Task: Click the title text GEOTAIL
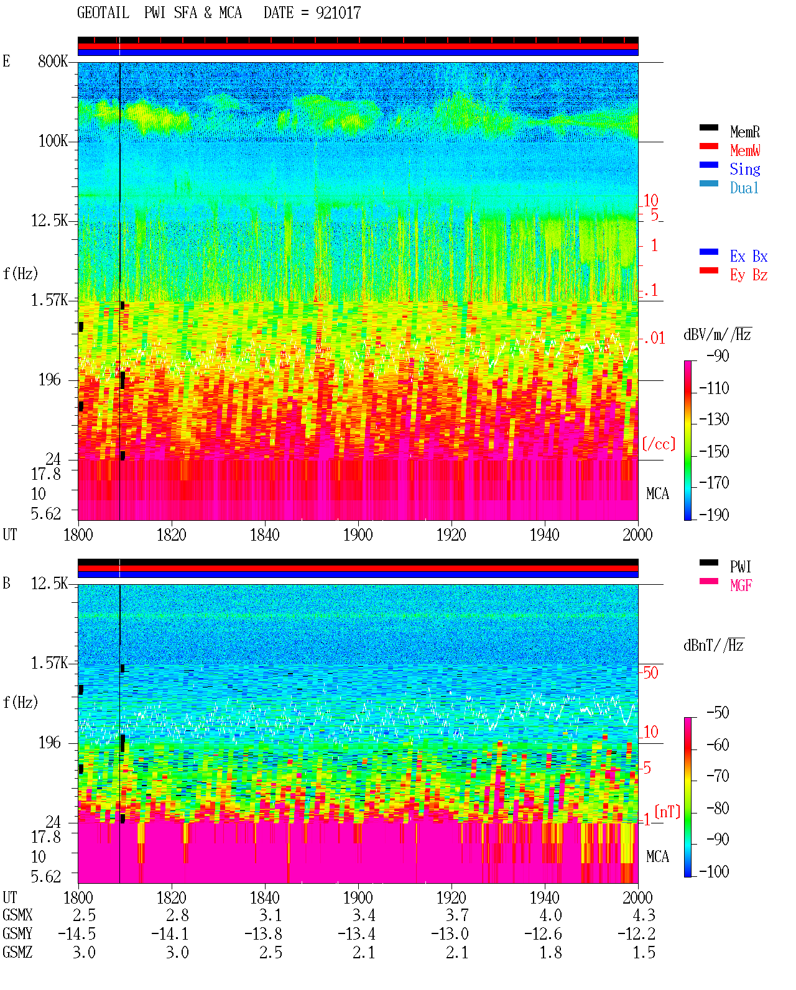pyautogui.click(x=103, y=13)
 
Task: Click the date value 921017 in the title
pyautogui.click(x=338, y=13)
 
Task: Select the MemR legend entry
pyautogui.click(x=744, y=132)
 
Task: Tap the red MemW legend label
pyautogui.click(x=745, y=150)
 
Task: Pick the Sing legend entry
pyautogui.click(x=744, y=169)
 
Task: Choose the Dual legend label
pyautogui.click(x=744, y=188)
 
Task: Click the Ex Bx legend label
pyautogui.click(x=749, y=256)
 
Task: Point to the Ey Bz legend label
pyautogui.click(x=749, y=275)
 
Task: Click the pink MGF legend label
pyautogui.click(x=741, y=585)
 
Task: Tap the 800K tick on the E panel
pyautogui.click(x=53, y=61)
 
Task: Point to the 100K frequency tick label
pyautogui.click(x=53, y=141)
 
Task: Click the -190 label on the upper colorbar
pyautogui.click(x=714, y=515)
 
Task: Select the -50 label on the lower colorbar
pyautogui.click(x=718, y=713)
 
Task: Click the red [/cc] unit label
pyautogui.click(x=659, y=444)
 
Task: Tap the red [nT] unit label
pyautogui.click(x=667, y=812)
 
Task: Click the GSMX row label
pyautogui.click(x=17, y=915)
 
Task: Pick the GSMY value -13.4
pyautogui.click(x=356, y=934)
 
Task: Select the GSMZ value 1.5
pyautogui.click(x=644, y=952)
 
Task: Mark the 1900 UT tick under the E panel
pyautogui.click(x=358, y=535)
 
